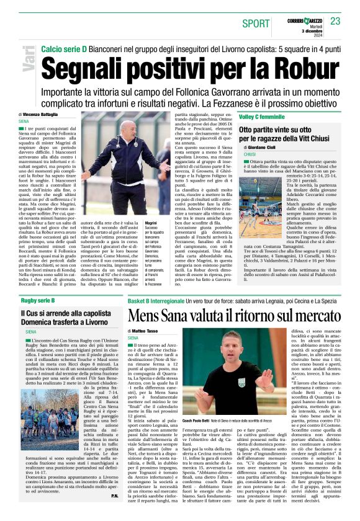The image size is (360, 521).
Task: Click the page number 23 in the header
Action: point(335,22)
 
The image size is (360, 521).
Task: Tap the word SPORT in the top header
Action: point(256,24)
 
